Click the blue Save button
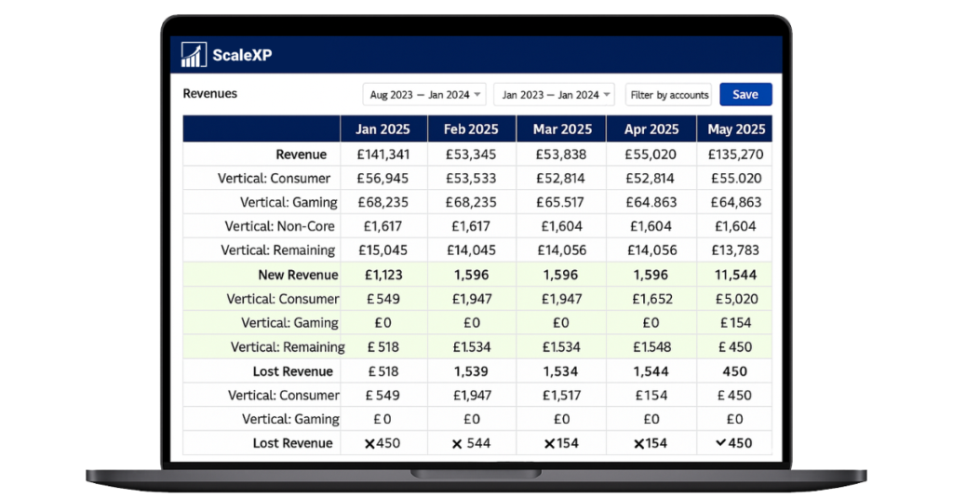click(x=745, y=94)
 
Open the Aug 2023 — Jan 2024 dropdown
click(x=423, y=95)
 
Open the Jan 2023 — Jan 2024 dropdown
click(x=554, y=95)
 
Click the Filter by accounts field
click(x=669, y=95)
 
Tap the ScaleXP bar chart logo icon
click(x=194, y=55)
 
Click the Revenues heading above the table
click(x=209, y=94)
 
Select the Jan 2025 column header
click(x=383, y=129)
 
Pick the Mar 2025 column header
click(x=562, y=129)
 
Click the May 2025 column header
click(x=735, y=129)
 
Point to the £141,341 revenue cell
click(x=383, y=155)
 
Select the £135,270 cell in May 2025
click(x=735, y=155)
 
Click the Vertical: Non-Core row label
click(x=280, y=226)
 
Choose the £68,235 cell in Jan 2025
click(x=383, y=202)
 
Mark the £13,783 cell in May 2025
click(x=735, y=250)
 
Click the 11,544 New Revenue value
click(x=735, y=275)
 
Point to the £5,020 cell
click(x=735, y=299)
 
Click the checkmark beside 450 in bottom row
click(x=720, y=443)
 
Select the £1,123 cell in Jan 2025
click(x=383, y=275)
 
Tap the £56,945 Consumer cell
click(x=383, y=178)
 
